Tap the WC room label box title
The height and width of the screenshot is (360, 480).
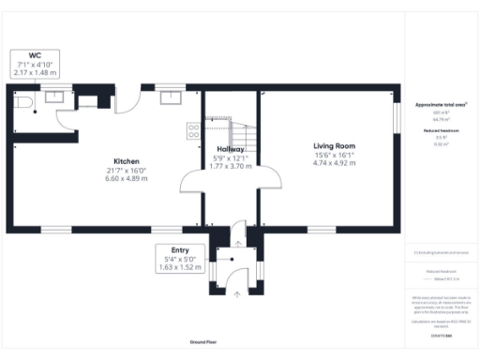pyautogui.click(x=35, y=55)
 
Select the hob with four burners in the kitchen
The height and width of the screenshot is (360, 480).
pyautogui.click(x=194, y=132)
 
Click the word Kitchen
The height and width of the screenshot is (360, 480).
pyautogui.click(x=127, y=161)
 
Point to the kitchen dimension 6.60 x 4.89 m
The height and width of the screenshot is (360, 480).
pyautogui.click(x=127, y=178)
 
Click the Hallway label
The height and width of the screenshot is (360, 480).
pyautogui.click(x=231, y=149)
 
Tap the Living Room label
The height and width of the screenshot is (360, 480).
pyautogui.click(x=334, y=146)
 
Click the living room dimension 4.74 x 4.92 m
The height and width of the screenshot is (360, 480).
pyautogui.click(x=335, y=163)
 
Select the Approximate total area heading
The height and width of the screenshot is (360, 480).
pyautogui.click(x=441, y=104)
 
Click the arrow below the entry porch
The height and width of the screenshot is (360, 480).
pyautogui.click(x=236, y=293)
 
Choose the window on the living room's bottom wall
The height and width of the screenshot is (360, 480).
pyautogui.click(x=322, y=230)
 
